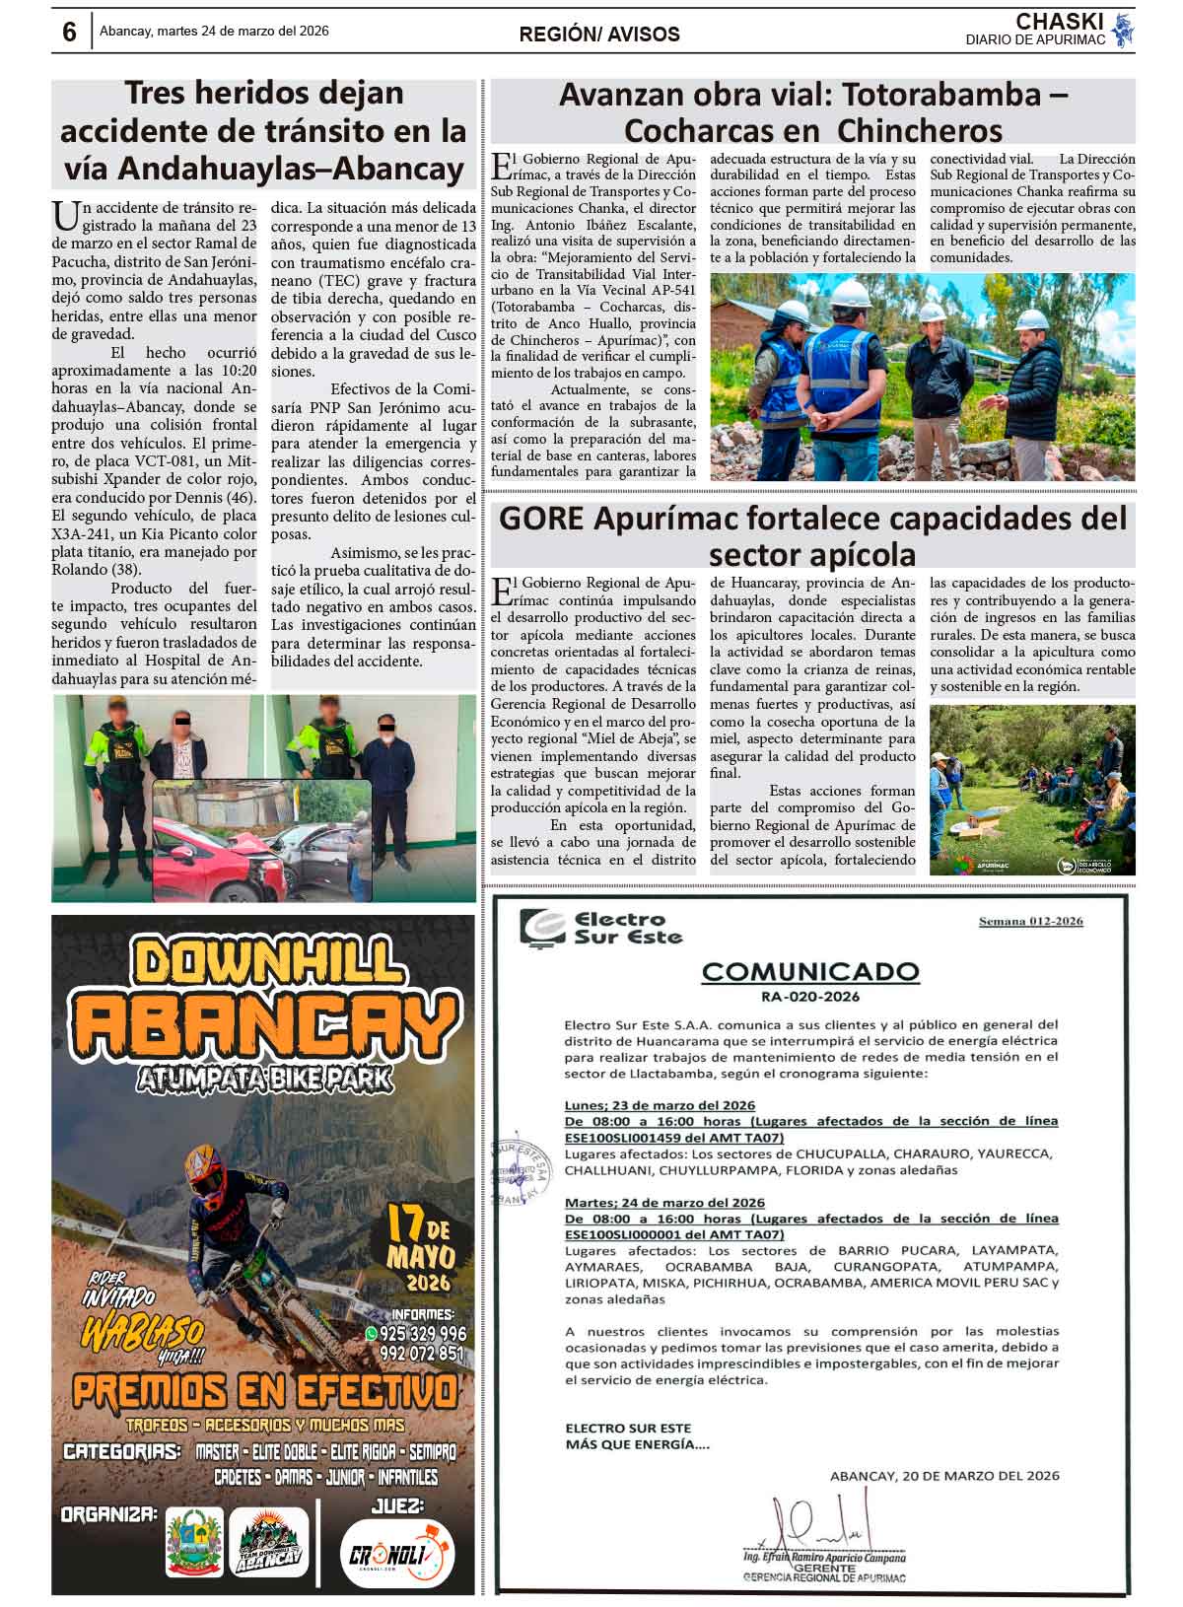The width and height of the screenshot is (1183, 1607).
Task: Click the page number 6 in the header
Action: [69, 32]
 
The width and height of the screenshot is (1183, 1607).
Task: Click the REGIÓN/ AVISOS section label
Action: [599, 35]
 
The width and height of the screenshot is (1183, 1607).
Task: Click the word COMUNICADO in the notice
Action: [809, 972]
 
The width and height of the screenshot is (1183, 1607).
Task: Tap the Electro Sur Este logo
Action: [601, 928]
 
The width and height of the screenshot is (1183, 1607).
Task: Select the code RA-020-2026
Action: [809, 996]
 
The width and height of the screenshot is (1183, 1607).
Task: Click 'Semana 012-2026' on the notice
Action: [1030, 921]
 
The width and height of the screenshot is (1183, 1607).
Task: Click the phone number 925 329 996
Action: [422, 1333]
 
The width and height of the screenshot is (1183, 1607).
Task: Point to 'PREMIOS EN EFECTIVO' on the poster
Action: [264, 1392]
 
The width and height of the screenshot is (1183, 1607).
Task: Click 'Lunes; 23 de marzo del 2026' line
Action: [660, 1105]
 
